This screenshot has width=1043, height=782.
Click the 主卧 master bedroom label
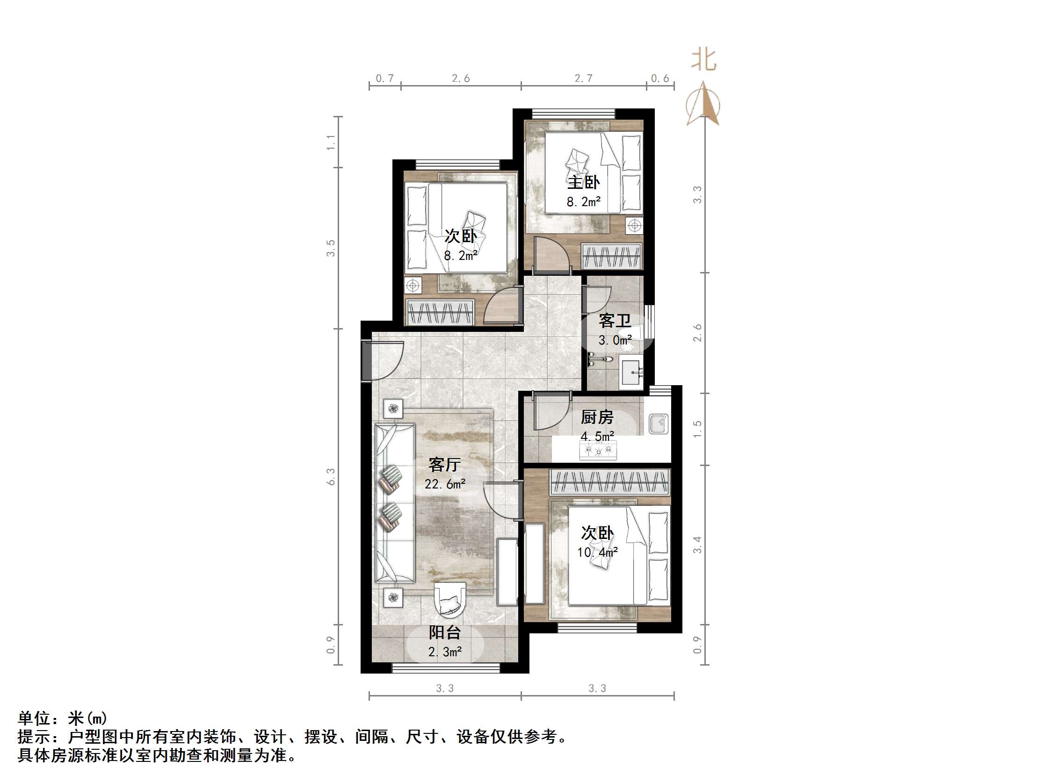(583, 182)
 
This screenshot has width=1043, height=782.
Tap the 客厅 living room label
(444, 465)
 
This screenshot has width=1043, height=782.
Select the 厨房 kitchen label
(597, 417)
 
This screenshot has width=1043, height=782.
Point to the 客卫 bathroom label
(615, 321)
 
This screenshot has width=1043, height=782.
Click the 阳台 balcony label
(444, 632)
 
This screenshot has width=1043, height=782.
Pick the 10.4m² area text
(597, 552)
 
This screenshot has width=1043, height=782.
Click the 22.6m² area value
(445, 484)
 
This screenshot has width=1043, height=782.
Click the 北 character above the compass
(703, 60)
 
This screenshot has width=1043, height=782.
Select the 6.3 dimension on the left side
(331, 477)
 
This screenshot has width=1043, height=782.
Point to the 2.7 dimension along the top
(583, 78)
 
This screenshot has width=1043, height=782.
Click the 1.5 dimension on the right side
(697, 429)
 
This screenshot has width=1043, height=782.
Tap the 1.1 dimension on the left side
(331, 142)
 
